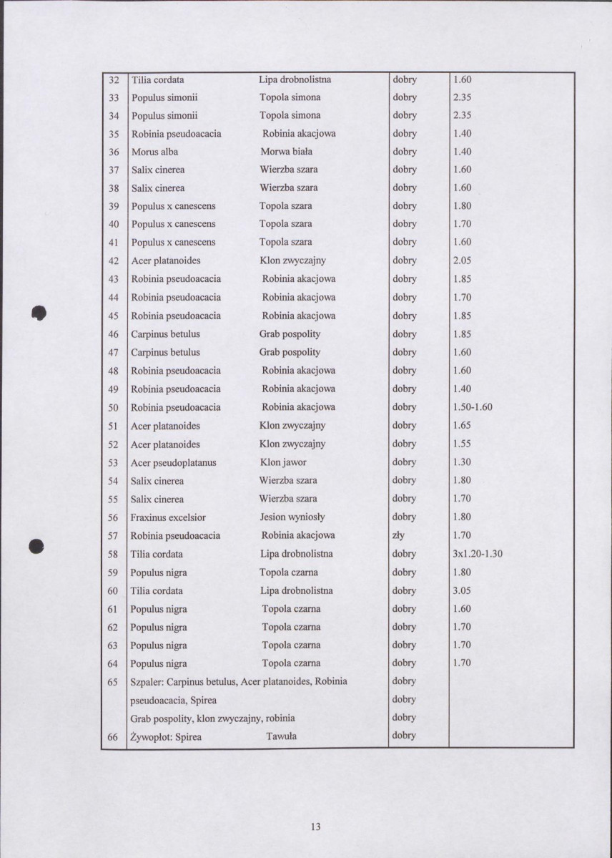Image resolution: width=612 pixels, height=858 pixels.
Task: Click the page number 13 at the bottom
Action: [315, 827]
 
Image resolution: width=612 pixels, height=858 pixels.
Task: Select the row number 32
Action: [113, 79]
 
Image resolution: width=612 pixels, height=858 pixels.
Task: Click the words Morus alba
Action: [154, 152]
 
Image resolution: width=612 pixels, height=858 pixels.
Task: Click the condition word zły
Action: [399, 535]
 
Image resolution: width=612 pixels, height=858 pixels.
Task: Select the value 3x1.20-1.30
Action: [478, 554]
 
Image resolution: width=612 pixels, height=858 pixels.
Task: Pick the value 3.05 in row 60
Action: [462, 590]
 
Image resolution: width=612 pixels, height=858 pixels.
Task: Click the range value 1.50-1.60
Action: [473, 407]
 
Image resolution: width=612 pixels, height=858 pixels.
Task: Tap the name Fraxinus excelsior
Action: [168, 517]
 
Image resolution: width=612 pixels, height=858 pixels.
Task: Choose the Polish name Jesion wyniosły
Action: [292, 517]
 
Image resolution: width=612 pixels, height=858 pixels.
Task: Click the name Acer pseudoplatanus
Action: [173, 462]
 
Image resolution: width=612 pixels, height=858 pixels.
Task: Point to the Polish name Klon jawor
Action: [283, 462]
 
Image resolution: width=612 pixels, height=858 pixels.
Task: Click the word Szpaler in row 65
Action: [147, 681]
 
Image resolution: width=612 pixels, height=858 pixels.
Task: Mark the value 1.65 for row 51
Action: [462, 426]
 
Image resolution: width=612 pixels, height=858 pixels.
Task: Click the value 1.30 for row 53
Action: [462, 462]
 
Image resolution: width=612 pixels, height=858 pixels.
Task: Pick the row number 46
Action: [113, 334]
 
